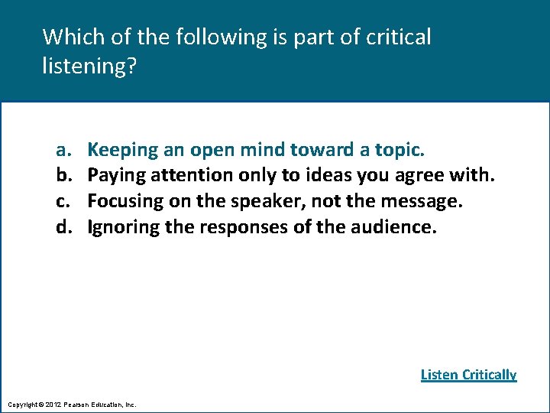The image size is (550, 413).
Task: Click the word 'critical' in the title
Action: coord(399,36)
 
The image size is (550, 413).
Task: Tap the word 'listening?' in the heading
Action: coord(89,67)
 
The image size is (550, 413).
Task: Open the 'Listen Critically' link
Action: coord(468,375)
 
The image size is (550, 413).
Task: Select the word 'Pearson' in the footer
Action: coord(80,404)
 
